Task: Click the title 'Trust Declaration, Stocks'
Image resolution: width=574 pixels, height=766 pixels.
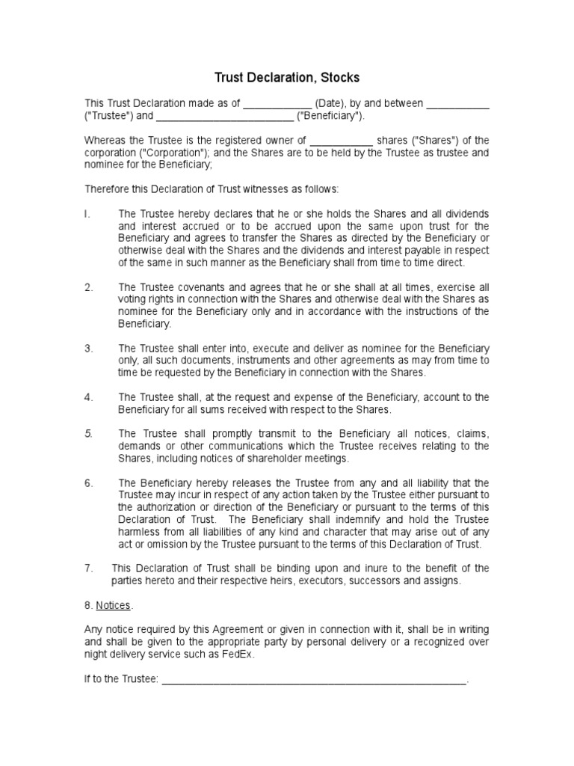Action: tap(287, 77)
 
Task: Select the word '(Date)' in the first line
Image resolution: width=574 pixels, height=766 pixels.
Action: tap(330, 103)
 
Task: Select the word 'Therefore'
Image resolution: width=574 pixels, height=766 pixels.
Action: tap(107, 189)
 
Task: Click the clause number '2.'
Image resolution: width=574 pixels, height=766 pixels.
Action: tap(88, 287)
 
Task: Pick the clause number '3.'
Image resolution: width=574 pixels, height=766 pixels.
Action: tap(88, 349)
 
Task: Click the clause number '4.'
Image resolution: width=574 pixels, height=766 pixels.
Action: tap(88, 397)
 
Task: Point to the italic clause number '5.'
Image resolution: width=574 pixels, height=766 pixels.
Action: tap(88, 434)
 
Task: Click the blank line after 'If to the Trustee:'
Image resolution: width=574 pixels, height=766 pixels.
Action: tap(314, 680)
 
